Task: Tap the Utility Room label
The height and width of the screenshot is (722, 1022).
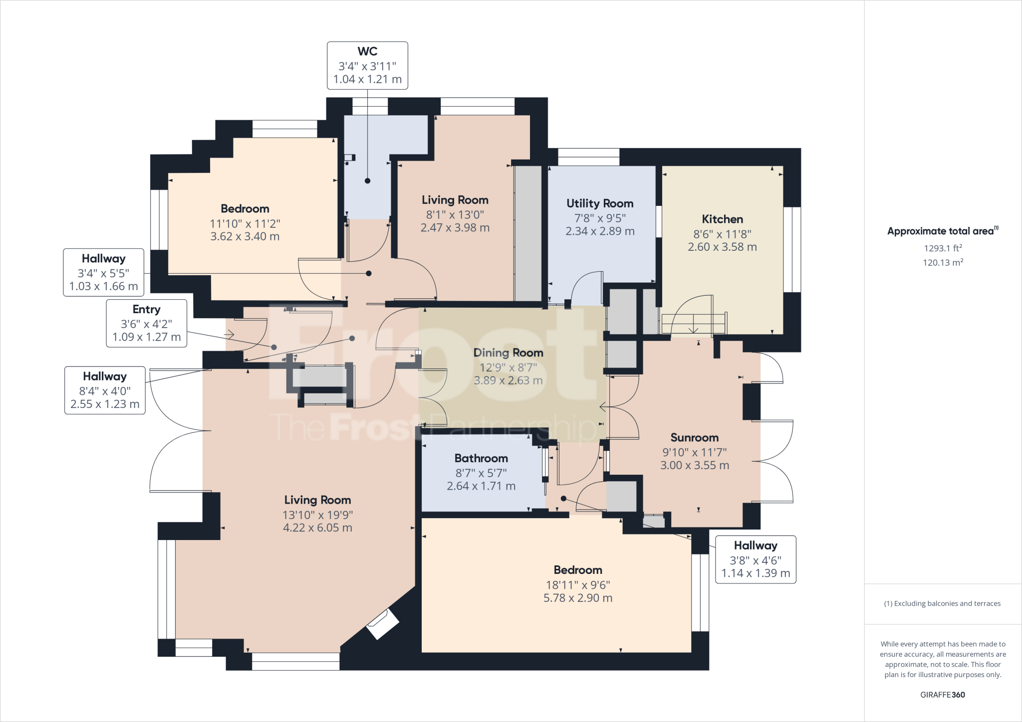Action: click(x=600, y=203)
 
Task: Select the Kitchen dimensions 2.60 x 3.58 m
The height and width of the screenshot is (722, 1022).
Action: click(x=722, y=247)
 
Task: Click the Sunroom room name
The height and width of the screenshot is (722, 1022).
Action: click(x=694, y=438)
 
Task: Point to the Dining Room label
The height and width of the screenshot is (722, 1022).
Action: click(x=508, y=353)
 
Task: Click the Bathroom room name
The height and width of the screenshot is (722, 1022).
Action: click(x=481, y=458)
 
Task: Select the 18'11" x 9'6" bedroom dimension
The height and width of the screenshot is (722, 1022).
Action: click(x=578, y=585)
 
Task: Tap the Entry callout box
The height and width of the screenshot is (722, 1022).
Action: click(x=146, y=323)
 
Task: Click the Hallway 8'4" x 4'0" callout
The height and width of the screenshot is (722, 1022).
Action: click(x=105, y=390)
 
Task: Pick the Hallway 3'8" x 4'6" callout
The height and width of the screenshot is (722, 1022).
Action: click(x=756, y=559)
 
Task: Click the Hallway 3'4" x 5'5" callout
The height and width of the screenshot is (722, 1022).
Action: click(x=103, y=272)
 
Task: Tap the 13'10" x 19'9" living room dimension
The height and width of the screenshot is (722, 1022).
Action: click(x=317, y=515)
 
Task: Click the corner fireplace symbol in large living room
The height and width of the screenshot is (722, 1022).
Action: click(x=383, y=624)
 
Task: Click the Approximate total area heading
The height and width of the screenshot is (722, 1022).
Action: click(x=942, y=231)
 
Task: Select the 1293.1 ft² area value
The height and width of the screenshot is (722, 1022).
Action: click(x=943, y=248)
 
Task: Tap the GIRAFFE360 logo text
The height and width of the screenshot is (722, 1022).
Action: click(x=942, y=695)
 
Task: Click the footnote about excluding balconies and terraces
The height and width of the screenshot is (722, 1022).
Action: click(x=942, y=603)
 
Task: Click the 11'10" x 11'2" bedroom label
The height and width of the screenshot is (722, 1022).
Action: click(x=245, y=223)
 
